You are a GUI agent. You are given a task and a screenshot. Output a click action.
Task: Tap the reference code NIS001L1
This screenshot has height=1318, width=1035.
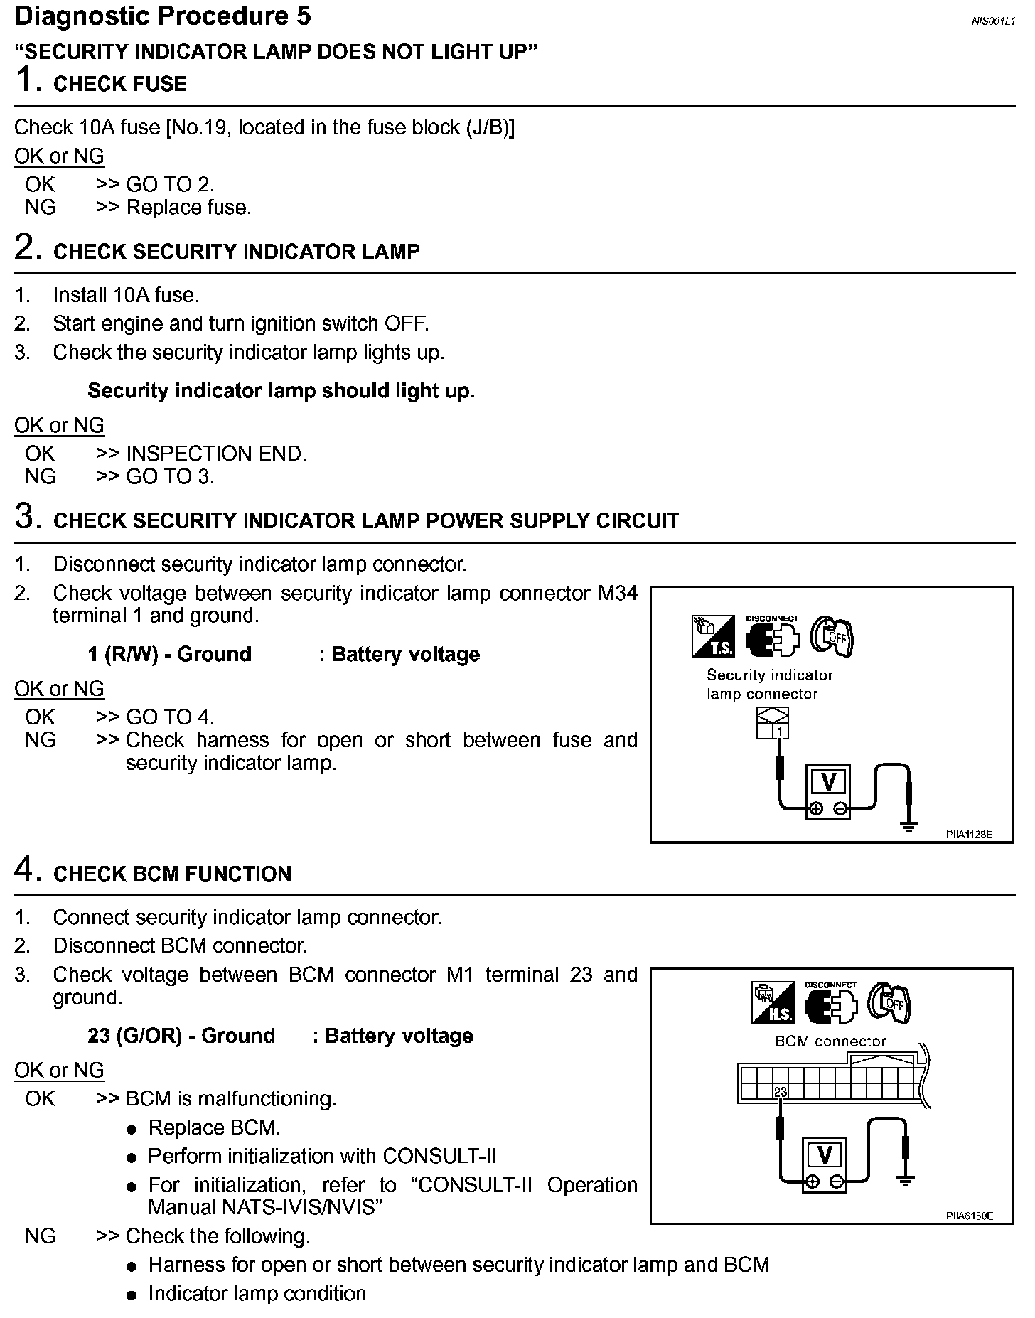993,21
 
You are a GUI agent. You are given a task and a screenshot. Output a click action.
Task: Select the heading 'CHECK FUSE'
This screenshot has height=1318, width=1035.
119,84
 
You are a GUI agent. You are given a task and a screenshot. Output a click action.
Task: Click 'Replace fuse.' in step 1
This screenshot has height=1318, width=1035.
188,208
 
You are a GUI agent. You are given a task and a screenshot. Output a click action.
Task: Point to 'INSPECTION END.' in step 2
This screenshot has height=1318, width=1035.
216,454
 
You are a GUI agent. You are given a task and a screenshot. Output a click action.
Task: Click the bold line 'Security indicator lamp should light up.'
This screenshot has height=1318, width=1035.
281,391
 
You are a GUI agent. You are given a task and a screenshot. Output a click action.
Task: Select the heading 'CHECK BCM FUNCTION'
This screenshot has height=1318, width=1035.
172,874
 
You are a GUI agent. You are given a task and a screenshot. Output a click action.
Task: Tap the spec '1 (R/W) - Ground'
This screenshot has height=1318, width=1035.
169,654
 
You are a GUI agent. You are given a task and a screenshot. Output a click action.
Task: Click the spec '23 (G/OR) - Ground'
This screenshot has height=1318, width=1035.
181,1036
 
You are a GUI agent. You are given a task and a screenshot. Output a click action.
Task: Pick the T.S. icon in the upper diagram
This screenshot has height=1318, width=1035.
712,636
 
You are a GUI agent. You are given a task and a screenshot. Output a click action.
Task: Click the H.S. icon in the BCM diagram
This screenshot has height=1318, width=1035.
773,1003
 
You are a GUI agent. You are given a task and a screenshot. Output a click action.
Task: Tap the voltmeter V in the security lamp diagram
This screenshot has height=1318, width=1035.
827,782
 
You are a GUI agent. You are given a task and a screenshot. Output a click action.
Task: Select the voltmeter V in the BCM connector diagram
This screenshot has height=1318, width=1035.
825,1155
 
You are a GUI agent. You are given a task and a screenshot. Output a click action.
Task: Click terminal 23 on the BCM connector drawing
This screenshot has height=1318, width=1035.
781,1092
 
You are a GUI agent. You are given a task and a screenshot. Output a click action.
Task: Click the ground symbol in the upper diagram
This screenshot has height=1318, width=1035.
908,826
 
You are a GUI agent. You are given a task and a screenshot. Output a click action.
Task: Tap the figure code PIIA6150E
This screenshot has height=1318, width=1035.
969,1216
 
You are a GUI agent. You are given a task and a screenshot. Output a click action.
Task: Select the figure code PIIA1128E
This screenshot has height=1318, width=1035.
969,835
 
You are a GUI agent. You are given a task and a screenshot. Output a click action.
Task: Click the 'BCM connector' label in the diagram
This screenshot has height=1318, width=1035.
830,1041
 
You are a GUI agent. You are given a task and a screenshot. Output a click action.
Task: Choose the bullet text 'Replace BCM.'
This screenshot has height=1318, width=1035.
214,1128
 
